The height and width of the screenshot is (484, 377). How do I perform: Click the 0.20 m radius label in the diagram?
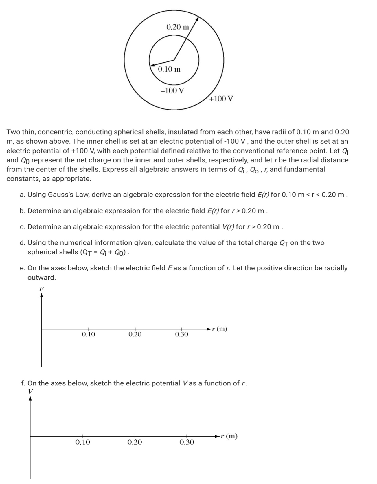[178, 27]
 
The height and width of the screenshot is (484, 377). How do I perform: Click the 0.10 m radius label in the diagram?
[169, 69]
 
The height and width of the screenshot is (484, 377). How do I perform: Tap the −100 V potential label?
[172, 91]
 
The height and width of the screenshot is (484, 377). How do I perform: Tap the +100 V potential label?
[221, 99]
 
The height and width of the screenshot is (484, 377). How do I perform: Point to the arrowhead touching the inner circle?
[152, 64]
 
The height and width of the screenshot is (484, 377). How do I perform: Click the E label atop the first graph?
[41, 289]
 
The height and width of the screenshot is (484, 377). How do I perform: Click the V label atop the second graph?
[30, 391]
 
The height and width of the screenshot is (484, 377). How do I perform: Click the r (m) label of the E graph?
[220, 329]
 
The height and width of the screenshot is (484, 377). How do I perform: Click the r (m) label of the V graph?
[229, 436]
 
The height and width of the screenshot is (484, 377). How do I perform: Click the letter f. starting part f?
[23, 383]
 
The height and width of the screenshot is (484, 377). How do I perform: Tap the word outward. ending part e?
[41, 278]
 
